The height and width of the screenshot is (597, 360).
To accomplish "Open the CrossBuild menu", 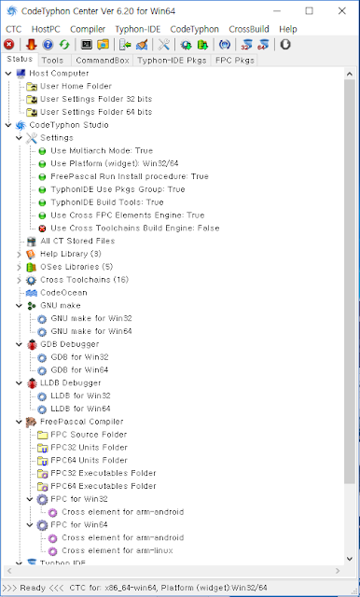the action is pyautogui.click(x=249, y=29).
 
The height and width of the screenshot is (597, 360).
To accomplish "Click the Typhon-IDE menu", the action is pyautogui.click(x=138, y=29).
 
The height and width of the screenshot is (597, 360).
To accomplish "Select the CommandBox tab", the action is pyautogui.click(x=103, y=60).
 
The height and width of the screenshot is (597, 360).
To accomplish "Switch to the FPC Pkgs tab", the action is pyautogui.click(x=234, y=60).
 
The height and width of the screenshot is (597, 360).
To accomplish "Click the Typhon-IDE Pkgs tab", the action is pyautogui.click(x=172, y=60).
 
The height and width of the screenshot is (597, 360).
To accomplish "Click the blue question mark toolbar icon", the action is pyautogui.click(x=48, y=45).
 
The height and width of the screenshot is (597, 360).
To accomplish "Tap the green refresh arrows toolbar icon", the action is pyautogui.click(x=64, y=45).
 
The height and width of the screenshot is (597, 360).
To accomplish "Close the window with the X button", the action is pyautogui.click(x=341, y=10).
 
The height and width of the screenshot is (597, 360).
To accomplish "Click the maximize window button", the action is pyautogui.click(x=309, y=10).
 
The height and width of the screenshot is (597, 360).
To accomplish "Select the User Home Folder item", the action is pyautogui.click(x=76, y=86).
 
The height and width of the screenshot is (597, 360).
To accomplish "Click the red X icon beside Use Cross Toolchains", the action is pyautogui.click(x=42, y=229).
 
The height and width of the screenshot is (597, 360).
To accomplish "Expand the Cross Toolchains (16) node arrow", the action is pyautogui.click(x=19, y=280).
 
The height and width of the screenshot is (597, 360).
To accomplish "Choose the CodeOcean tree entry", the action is pyautogui.click(x=63, y=292).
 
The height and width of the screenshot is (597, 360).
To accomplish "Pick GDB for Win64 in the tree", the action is pyautogui.click(x=79, y=369).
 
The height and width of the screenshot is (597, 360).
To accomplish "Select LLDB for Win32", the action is pyautogui.click(x=81, y=396).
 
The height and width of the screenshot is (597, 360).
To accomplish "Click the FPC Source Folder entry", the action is pyautogui.click(x=89, y=435).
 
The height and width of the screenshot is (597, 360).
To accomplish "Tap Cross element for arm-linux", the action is pyautogui.click(x=118, y=550).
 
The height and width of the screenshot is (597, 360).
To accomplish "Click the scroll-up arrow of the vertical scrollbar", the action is pyautogui.click(x=350, y=74).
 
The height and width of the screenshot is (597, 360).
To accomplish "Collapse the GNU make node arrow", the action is pyautogui.click(x=19, y=305).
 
